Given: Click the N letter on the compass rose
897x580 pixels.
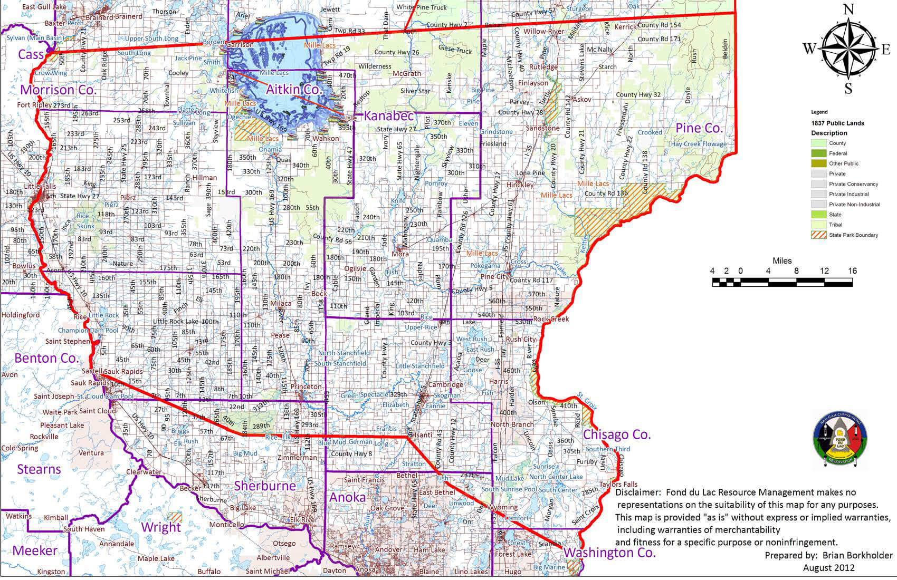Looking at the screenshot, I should (848, 9).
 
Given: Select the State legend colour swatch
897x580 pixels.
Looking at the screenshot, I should (819, 215).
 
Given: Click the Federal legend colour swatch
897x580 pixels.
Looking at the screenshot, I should (819, 153).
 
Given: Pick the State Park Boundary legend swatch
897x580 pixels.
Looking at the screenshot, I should (819, 235).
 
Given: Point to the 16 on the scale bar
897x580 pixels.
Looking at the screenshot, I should (852, 271).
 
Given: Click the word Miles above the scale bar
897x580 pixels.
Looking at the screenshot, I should (782, 260).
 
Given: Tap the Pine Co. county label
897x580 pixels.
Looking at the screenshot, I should (699, 128).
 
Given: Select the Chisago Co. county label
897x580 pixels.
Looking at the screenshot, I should (617, 435).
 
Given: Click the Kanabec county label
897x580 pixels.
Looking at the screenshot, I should (389, 115).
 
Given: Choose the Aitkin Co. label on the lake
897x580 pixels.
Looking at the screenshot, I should (293, 89).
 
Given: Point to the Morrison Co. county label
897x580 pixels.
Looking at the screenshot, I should (58, 90).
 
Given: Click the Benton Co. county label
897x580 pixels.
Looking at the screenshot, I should (46, 359).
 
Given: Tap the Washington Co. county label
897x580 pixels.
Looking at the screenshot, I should (609, 553).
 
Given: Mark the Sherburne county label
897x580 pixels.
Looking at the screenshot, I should (265, 486).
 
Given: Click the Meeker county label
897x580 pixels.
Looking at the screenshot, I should (35, 551).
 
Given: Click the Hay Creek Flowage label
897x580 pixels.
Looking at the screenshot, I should (698, 144).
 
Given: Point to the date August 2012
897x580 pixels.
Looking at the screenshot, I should (828, 568).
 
